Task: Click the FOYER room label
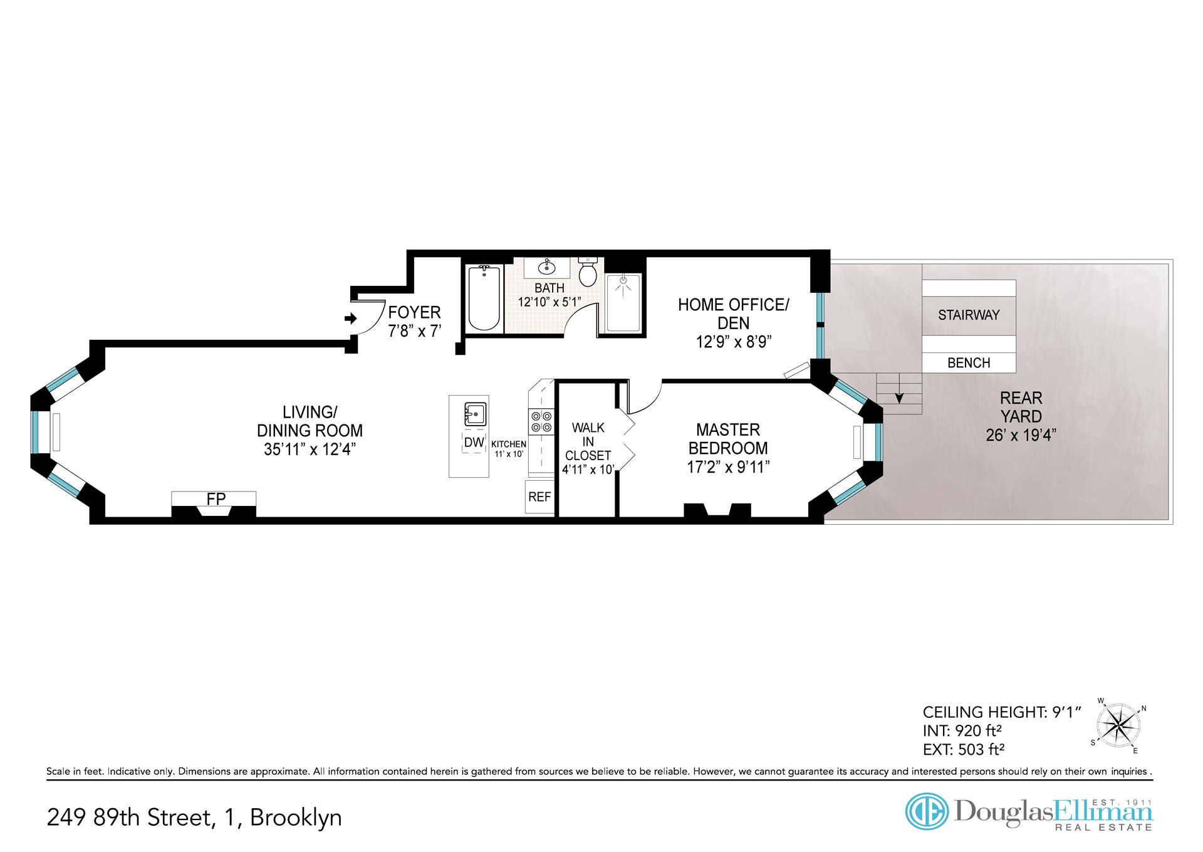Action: [x=414, y=312]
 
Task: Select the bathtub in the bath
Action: [x=484, y=298]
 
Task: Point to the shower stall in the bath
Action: [x=623, y=303]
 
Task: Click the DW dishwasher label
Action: [x=474, y=442]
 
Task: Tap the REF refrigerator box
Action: [x=539, y=497]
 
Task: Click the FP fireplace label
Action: [x=216, y=499]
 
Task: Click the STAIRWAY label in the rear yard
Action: [x=969, y=315]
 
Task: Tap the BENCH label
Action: [x=969, y=363]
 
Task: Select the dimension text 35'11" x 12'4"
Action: [x=310, y=450]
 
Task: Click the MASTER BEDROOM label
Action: [x=728, y=439]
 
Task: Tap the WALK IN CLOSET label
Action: [x=588, y=442]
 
